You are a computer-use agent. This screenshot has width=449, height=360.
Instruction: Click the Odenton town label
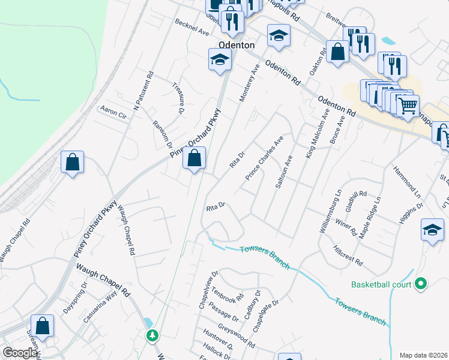click(237, 45)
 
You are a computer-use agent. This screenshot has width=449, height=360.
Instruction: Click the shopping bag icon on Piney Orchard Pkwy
click(194, 159)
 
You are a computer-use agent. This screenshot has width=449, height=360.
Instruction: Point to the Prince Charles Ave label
click(264, 160)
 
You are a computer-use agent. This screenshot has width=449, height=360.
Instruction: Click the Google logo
click(19, 353)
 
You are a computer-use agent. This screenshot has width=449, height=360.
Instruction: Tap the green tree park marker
click(153, 335)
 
